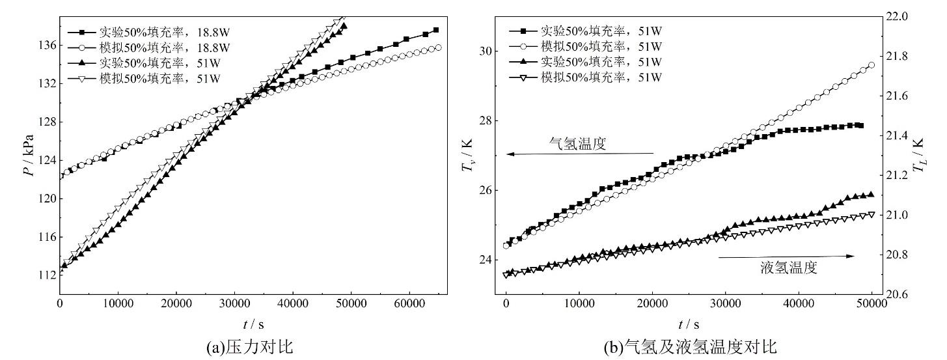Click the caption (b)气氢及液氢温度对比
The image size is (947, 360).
click(690, 348)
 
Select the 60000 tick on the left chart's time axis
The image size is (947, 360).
click(409, 304)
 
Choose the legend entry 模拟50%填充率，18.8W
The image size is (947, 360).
click(163, 48)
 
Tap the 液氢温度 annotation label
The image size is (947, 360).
click(788, 268)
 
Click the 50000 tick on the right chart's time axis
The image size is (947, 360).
click(872, 304)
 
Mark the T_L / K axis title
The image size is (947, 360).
click(918, 158)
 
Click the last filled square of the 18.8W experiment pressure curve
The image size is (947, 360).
click(436, 30)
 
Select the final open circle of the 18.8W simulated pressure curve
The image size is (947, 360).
click(438, 48)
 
